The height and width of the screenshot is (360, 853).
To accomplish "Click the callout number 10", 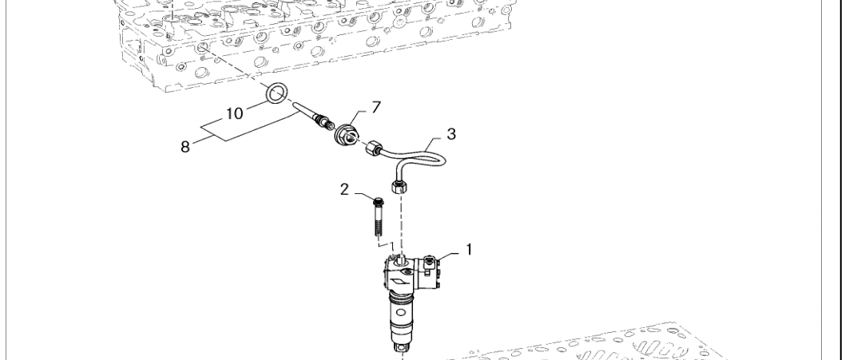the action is [235, 113].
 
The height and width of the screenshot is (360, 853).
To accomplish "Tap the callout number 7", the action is [376, 108].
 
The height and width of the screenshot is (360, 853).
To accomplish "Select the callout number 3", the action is [451, 134].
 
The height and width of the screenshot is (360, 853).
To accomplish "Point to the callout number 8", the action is [185, 147].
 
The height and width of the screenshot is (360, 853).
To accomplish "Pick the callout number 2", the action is [344, 190].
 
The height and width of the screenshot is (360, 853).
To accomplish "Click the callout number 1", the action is [469, 250].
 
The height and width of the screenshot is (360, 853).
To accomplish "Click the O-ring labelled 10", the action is [277, 93].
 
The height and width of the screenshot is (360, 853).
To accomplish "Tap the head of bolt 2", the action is [379, 202].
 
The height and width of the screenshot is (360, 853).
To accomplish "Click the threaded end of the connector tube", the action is [325, 125].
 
